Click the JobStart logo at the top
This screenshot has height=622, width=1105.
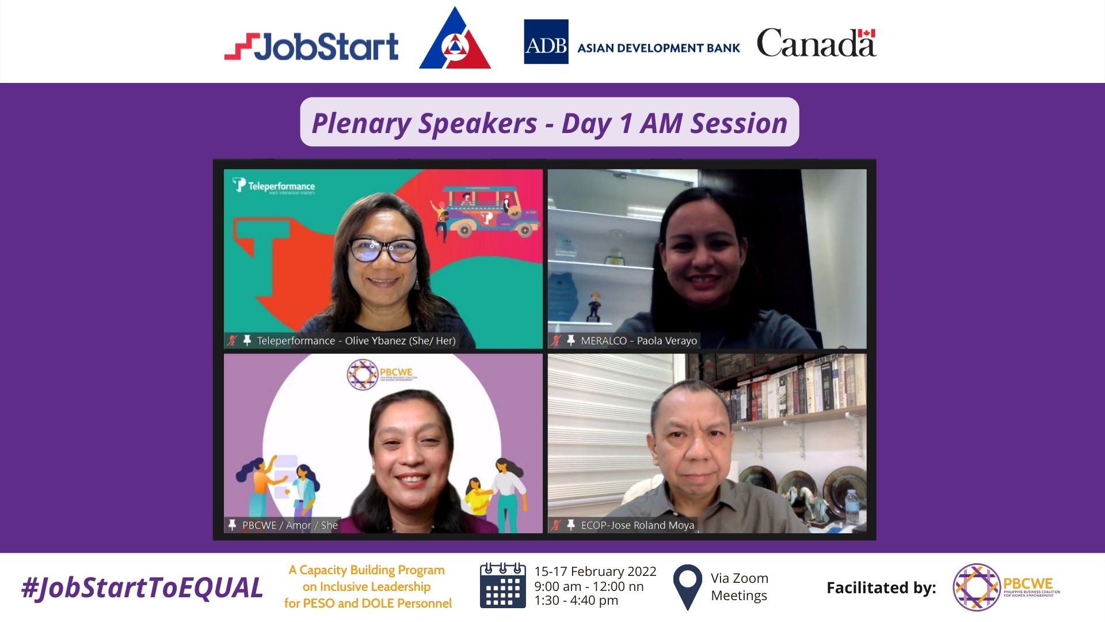(311, 47)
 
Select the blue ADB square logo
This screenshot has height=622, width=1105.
(546, 42)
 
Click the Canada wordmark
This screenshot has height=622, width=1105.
(816, 43)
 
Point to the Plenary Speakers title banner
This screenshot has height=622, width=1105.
(549, 123)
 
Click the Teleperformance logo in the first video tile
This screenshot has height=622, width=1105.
(274, 186)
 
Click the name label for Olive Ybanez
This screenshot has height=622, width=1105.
(356, 341)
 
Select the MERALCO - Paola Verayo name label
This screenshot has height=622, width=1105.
(638, 341)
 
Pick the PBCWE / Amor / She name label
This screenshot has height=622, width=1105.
(289, 525)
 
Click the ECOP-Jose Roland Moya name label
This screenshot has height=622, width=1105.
(637, 525)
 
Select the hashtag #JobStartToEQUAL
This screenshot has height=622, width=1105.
(142, 588)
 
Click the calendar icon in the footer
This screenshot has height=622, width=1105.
(502, 586)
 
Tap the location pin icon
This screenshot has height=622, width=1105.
(687, 586)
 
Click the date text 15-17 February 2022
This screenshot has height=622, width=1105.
(595, 571)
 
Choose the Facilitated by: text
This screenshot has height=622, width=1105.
(881, 588)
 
